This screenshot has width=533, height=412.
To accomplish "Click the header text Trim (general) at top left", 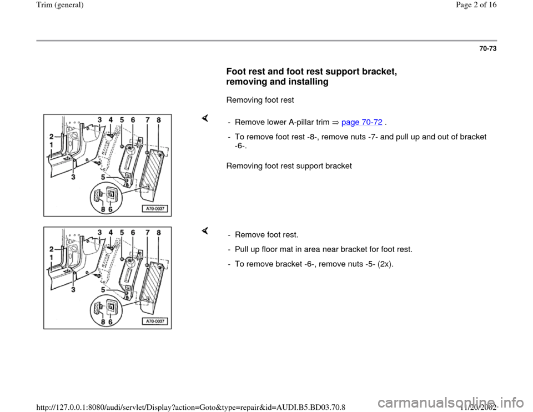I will (29, 5).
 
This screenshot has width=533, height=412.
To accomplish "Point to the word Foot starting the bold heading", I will (237, 71).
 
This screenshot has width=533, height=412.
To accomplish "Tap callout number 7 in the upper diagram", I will (146, 120).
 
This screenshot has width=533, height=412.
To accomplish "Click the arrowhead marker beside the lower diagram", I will (204, 230).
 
